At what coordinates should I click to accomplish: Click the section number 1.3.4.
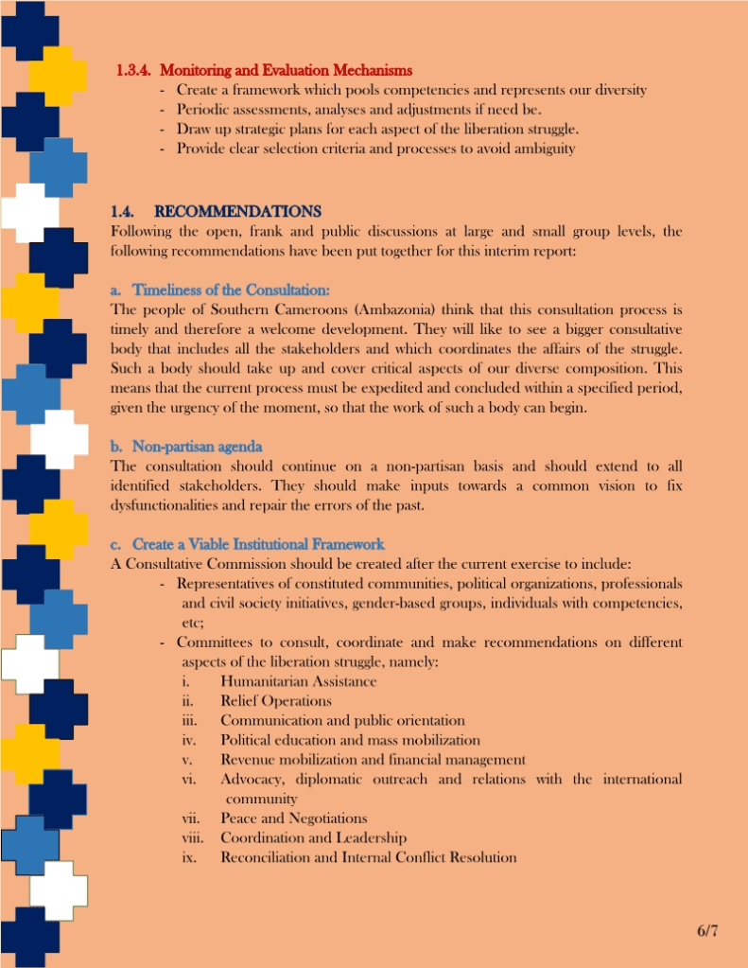(x=134, y=71)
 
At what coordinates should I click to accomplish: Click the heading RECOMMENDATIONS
(x=237, y=211)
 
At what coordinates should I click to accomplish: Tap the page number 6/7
(x=708, y=930)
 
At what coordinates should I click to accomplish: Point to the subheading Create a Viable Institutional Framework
(x=258, y=544)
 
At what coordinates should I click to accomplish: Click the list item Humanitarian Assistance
(x=298, y=681)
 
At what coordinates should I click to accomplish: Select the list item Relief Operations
(x=275, y=701)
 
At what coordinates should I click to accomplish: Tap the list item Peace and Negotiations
(x=293, y=818)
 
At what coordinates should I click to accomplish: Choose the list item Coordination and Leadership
(x=313, y=837)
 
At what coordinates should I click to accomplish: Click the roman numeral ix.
(x=188, y=857)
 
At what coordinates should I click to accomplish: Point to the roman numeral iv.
(x=188, y=740)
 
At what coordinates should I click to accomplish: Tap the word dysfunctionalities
(x=174, y=505)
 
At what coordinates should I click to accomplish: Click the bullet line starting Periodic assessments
(x=359, y=110)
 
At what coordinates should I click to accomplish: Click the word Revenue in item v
(x=248, y=760)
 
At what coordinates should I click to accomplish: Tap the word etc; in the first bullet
(x=193, y=623)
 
